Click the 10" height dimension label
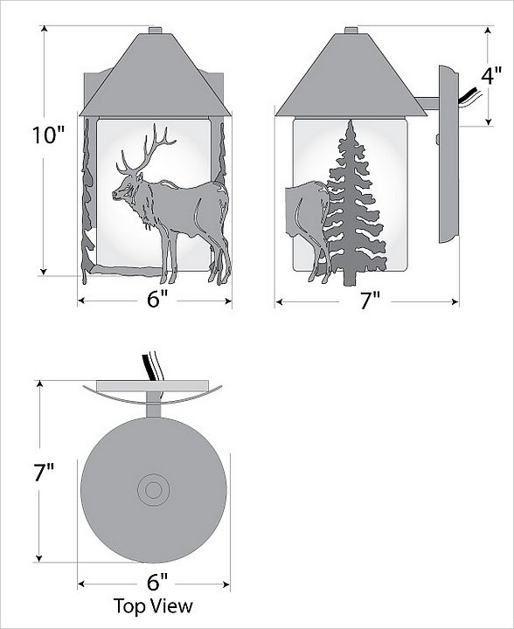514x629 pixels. click(x=49, y=135)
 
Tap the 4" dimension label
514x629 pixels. click(x=491, y=76)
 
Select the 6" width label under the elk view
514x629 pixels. click(x=157, y=300)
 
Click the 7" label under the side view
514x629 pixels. click(x=370, y=301)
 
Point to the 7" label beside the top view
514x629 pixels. click(x=45, y=472)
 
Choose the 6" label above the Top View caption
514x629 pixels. click(x=157, y=582)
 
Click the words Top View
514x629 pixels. click(x=153, y=605)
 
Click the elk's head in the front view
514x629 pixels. click(x=126, y=190)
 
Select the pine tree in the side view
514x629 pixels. click(x=353, y=204)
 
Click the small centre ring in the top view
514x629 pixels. click(x=153, y=490)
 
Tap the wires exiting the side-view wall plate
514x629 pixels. click(x=470, y=98)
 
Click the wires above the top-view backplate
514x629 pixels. click(x=152, y=366)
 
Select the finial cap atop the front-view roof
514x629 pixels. click(x=156, y=31)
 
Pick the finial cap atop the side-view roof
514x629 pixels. click(x=351, y=31)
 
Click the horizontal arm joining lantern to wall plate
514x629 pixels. click(x=427, y=103)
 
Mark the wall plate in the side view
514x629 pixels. click(x=448, y=155)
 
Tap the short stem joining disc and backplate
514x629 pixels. click(x=154, y=404)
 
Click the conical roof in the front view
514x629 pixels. click(x=156, y=75)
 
